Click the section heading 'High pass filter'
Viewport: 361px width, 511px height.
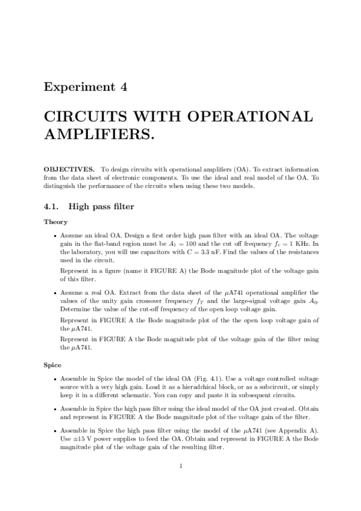[101, 207]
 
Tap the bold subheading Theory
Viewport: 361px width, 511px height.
[55, 222]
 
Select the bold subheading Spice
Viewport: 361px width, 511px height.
[53, 365]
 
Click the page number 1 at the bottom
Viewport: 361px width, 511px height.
[181, 465]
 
